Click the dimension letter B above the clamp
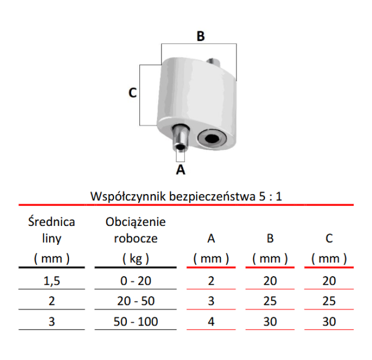point(200,36)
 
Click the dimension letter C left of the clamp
point(133,92)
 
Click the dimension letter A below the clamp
point(180,170)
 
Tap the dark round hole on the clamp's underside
point(212,138)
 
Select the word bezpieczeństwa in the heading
point(212,196)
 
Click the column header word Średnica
point(51,222)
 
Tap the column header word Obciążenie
point(136,222)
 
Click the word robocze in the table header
point(136,238)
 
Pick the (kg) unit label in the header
point(136,258)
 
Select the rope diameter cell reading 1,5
point(51,281)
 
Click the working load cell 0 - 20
point(136,281)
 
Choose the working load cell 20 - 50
point(136,301)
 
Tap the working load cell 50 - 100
point(136,322)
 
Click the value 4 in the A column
point(211,322)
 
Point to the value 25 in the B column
point(270,301)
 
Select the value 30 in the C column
point(329,322)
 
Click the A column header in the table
point(211,238)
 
